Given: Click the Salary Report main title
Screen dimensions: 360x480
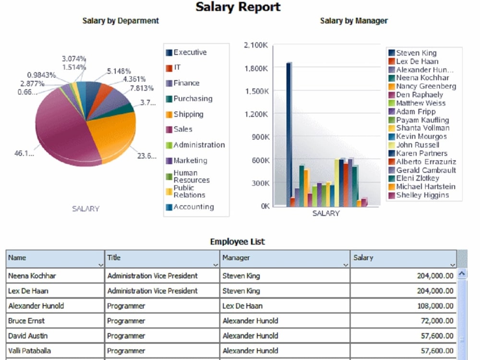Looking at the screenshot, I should (238, 8).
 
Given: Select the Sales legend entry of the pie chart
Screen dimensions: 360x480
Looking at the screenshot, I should (182, 129).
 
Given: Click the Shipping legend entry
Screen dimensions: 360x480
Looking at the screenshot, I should (188, 114).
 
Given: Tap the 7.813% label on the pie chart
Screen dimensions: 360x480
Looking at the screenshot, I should (142, 88).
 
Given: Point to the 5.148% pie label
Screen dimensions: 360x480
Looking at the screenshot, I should (119, 71).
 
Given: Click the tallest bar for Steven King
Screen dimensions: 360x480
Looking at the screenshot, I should (288, 134).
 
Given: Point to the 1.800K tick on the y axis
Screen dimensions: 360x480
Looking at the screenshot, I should (256, 68).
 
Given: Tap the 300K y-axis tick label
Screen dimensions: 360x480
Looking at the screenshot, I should (259, 183).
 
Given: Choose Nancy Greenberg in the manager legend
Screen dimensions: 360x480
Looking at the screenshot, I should (426, 86).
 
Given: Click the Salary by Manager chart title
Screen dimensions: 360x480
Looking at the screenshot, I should (354, 21).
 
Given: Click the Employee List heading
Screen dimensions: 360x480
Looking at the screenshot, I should (237, 241).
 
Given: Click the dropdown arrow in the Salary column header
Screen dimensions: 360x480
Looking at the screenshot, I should (453, 265).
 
